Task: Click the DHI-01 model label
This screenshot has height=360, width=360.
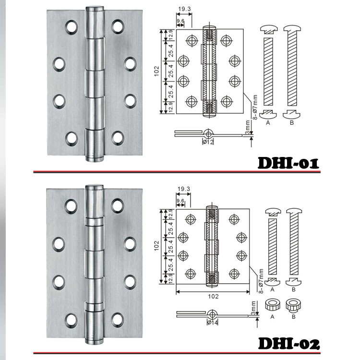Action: coord(288,163)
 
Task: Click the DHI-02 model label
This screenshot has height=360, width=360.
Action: coord(289,344)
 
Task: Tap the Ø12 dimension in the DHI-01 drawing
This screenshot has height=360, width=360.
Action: coord(208,142)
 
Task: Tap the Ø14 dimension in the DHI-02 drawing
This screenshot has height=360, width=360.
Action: coord(212,323)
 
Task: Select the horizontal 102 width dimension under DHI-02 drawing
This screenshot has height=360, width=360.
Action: coord(213,296)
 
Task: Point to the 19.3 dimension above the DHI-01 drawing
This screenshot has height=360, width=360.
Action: coord(184,9)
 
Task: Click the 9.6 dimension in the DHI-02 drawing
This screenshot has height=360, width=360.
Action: coord(180,201)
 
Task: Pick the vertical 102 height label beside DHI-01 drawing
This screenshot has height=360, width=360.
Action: coord(156,71)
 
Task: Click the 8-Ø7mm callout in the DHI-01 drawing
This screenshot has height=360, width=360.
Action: coord(255,107)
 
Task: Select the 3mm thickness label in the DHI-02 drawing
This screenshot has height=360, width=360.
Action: coord(253,308)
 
